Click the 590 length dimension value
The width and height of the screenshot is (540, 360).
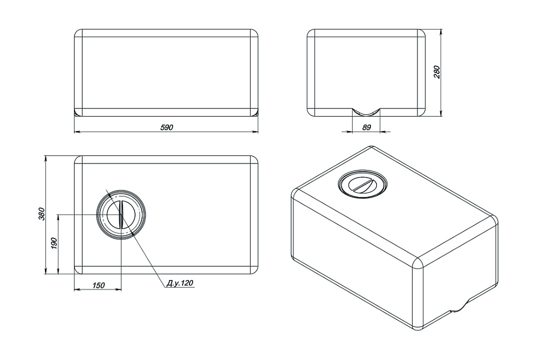click(166, 127)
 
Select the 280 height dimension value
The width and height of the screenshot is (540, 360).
click(437, 72)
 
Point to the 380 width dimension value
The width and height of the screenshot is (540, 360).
click(40, 214)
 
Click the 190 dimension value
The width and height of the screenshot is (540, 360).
click(53, 244)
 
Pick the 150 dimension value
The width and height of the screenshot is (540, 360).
click(98, 285)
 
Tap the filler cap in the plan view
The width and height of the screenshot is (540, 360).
click(120, 215)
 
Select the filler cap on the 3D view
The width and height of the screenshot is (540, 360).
click(361, 185)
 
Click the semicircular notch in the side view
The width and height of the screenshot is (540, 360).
click(366, 112)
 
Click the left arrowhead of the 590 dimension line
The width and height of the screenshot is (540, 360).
click(76, 131)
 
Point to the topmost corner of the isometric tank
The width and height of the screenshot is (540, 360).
click(372, 148)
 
